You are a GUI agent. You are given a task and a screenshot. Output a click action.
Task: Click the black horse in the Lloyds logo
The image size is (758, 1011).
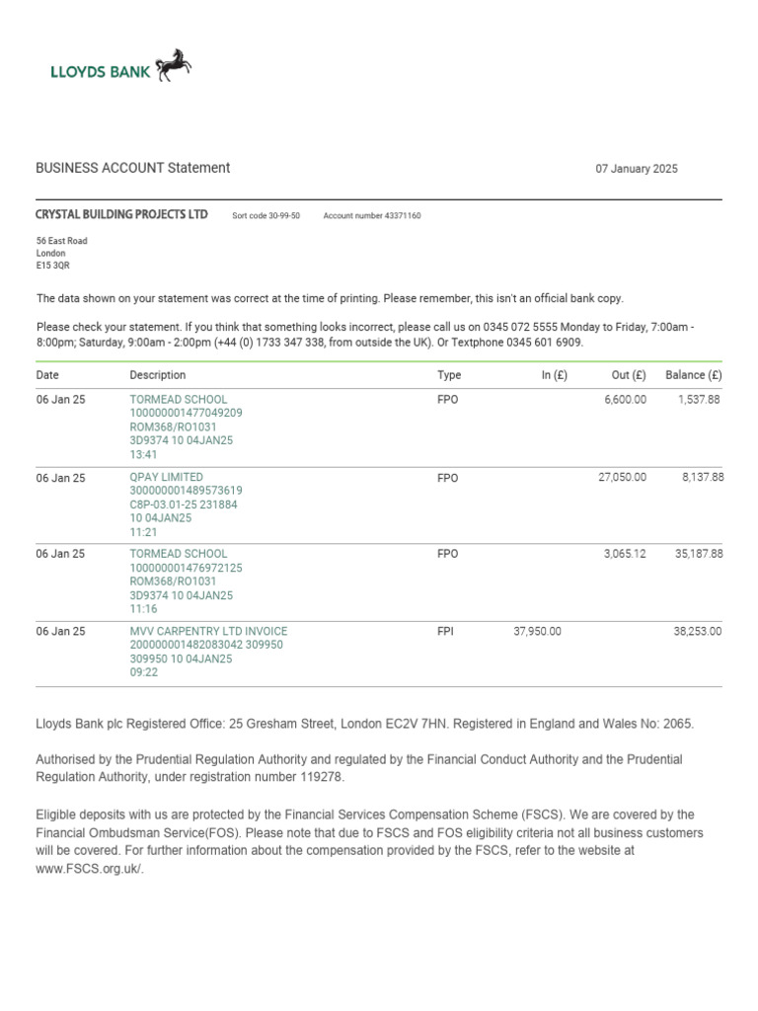tap(173, 64)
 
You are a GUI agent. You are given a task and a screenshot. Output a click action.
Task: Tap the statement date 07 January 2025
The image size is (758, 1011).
tap(636, 169)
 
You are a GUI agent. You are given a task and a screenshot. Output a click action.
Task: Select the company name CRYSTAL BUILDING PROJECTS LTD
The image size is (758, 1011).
tap(121, 214)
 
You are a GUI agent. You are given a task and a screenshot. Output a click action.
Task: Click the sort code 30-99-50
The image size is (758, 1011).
tap(281, 215)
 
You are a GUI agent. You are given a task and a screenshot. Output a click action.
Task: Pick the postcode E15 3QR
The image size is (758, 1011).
tap(53, 265)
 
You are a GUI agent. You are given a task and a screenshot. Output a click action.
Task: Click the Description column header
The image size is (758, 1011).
tap(157, 375)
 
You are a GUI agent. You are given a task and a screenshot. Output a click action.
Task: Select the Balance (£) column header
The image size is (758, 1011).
tap(693, 375)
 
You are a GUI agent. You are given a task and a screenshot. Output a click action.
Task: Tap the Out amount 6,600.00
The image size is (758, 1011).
tap(625, 400)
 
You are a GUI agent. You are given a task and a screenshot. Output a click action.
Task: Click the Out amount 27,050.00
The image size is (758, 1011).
tap(622, 477)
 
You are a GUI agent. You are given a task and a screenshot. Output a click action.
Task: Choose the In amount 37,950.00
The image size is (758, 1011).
tap(538, 631)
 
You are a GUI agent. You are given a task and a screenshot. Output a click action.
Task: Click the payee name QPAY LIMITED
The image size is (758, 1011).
tap(167, 477)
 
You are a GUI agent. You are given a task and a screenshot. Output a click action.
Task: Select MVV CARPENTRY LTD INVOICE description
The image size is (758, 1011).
tap(208, 631)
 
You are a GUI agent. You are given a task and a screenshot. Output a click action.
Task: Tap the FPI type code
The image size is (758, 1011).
tap(444, 631)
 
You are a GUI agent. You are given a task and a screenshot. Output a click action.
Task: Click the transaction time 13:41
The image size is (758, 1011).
tap(144, 455)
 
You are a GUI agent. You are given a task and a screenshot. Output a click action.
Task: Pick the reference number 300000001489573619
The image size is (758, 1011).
tap(187, 491)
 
